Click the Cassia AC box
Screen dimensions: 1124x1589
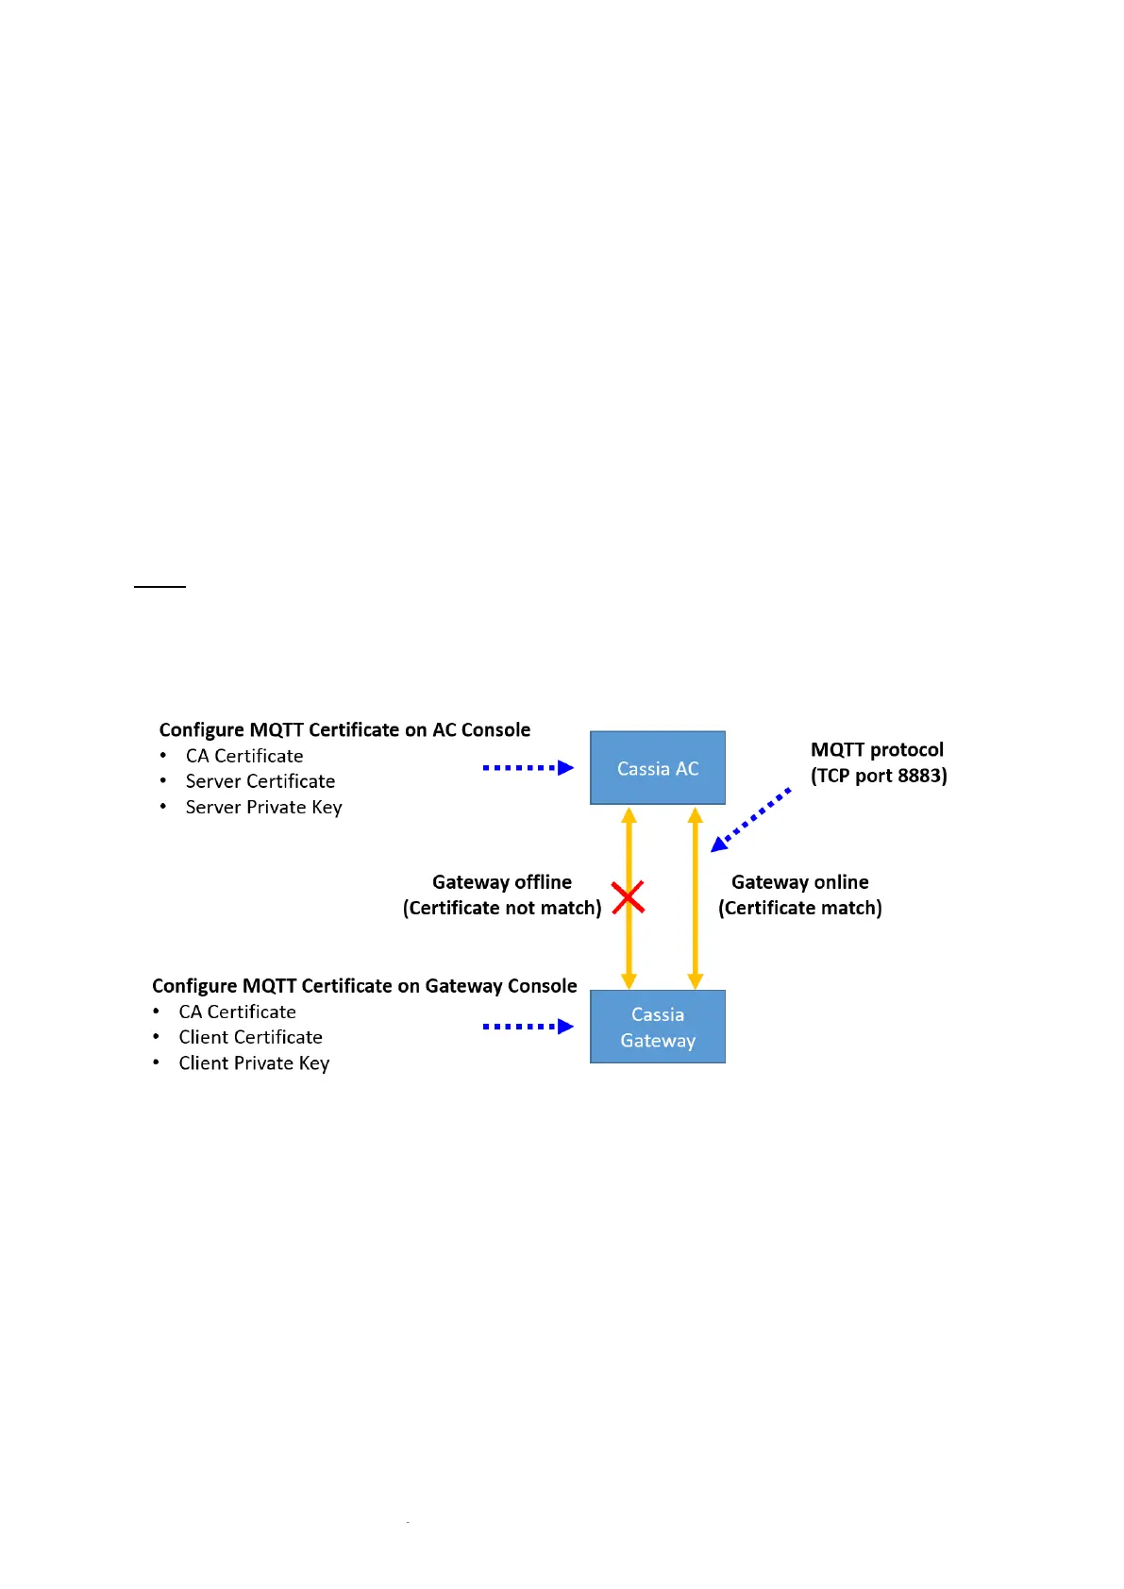[658, 768]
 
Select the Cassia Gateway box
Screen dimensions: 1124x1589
[658, 1027]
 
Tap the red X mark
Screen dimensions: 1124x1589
[628, 897]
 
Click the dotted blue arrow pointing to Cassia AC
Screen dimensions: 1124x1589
[528, 768]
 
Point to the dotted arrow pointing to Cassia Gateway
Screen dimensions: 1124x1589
[528, 1027]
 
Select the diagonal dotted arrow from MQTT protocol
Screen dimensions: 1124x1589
[751, 820]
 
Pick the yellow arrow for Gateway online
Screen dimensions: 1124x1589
[696, 897]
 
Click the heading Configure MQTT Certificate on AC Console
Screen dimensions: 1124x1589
[344, 729]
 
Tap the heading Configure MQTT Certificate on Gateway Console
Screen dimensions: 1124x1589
[364, 985]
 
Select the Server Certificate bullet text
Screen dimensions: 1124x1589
[260, 781]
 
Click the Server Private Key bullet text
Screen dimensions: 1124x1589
[263, 807]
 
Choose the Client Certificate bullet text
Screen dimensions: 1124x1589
[251, 1037]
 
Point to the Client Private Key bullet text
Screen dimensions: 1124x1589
[254, 1062]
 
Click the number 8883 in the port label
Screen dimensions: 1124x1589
[919, 776]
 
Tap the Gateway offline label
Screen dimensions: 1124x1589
[502, 882]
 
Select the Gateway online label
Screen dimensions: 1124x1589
[800, 882]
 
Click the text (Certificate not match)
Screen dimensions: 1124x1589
[502, 908]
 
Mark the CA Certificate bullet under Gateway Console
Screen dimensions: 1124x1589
[238, 1012]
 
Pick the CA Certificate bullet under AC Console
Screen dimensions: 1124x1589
[244, 756]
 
